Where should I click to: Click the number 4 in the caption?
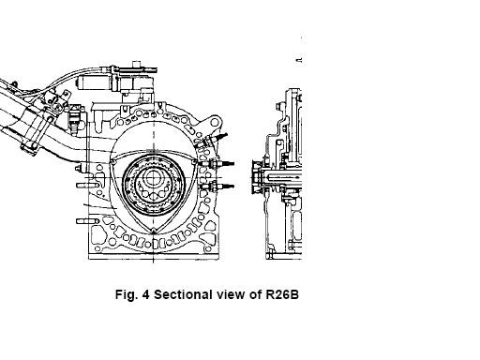(x=145, y=294)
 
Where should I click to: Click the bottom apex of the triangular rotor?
(x=153, y=232)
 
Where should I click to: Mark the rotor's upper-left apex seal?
(x=112, y=161)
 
